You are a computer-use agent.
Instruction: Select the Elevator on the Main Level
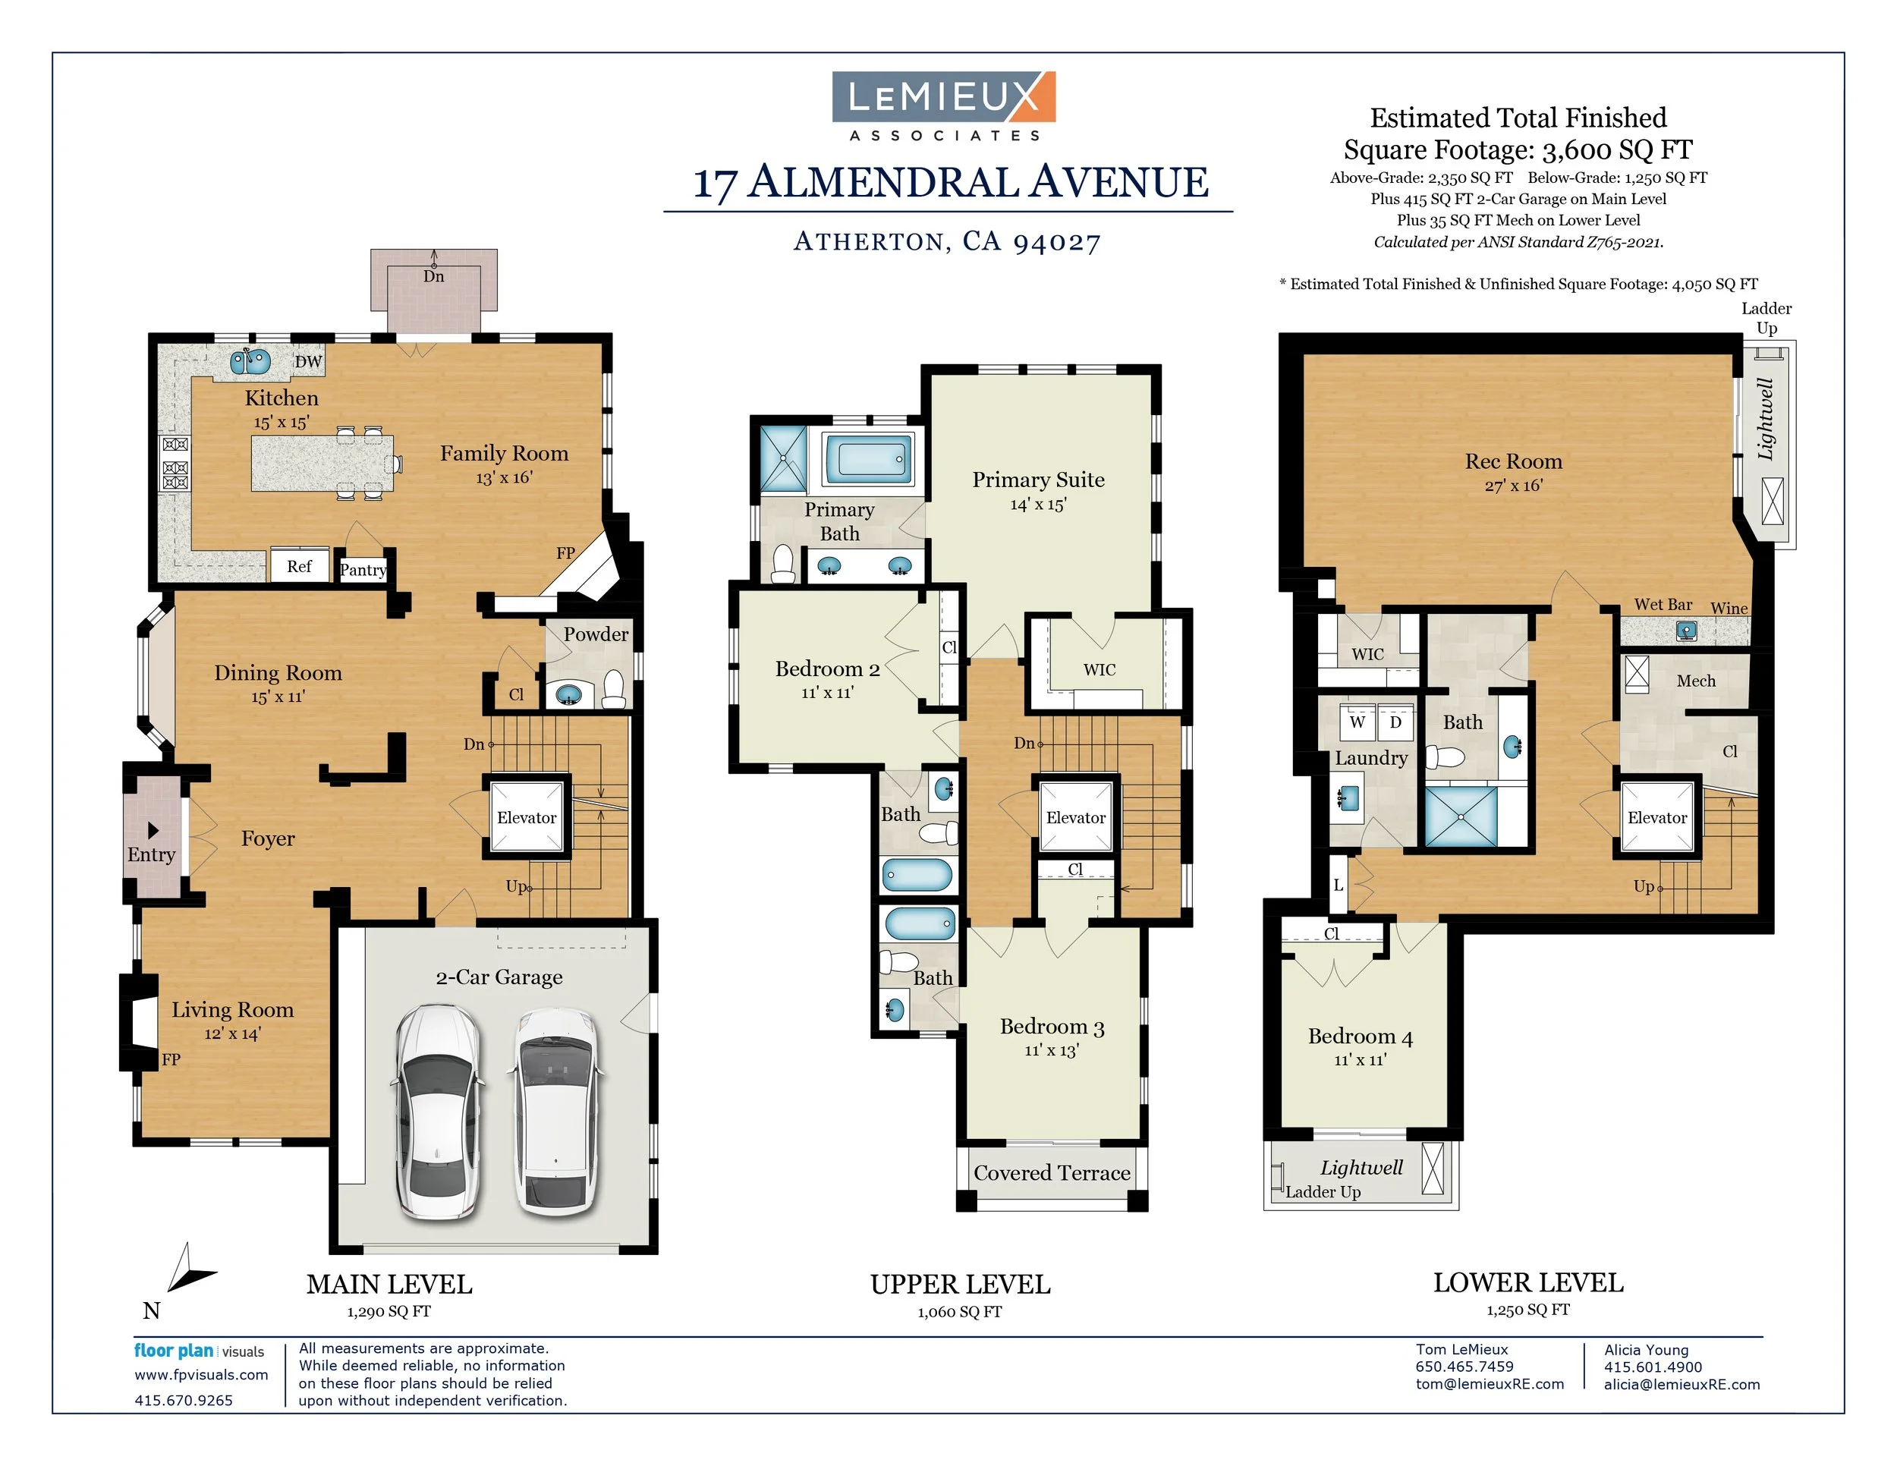click(x=527, y=817)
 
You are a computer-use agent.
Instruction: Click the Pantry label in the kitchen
click(x=362, y=570)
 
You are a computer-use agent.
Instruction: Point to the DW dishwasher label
click(x=307, y=361)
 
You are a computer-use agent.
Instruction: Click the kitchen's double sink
click(x=250, y=360)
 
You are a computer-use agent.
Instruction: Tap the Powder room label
click(x=595, y=634)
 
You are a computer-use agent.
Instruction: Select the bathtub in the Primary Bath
click(x=869, y=458)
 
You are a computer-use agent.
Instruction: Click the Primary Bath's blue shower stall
click(x=784, y=458)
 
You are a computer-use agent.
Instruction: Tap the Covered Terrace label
click(x=1052, y=1173)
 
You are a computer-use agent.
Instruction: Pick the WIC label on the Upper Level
click(x=1099, y=669)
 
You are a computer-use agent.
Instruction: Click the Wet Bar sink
click(x=1686, y=631)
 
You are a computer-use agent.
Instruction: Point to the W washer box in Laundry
click(x=1357, y=722)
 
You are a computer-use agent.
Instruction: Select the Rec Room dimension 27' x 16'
click(x=1513, y=486)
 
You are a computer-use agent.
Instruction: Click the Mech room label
click(x=1695, y=681)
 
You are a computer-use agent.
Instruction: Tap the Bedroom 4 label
click(x=1361, y=1036)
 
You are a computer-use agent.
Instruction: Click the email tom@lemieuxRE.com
click(x=1489, y=1384)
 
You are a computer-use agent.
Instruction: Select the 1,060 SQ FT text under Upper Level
click(x=959, y=1312)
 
